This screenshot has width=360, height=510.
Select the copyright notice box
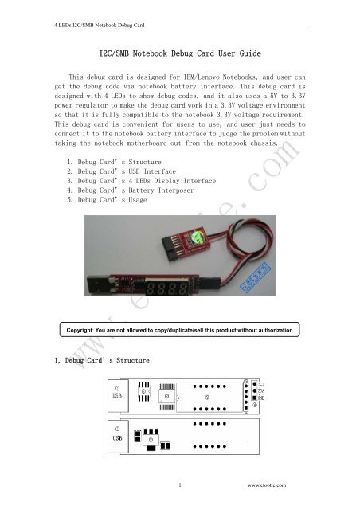pyautogui.click(x=180, y=329)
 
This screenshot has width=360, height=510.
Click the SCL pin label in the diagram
pyautogui.click(x=260, y=385)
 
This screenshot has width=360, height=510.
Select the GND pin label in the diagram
pyautogui.click(x=260, y=398)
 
